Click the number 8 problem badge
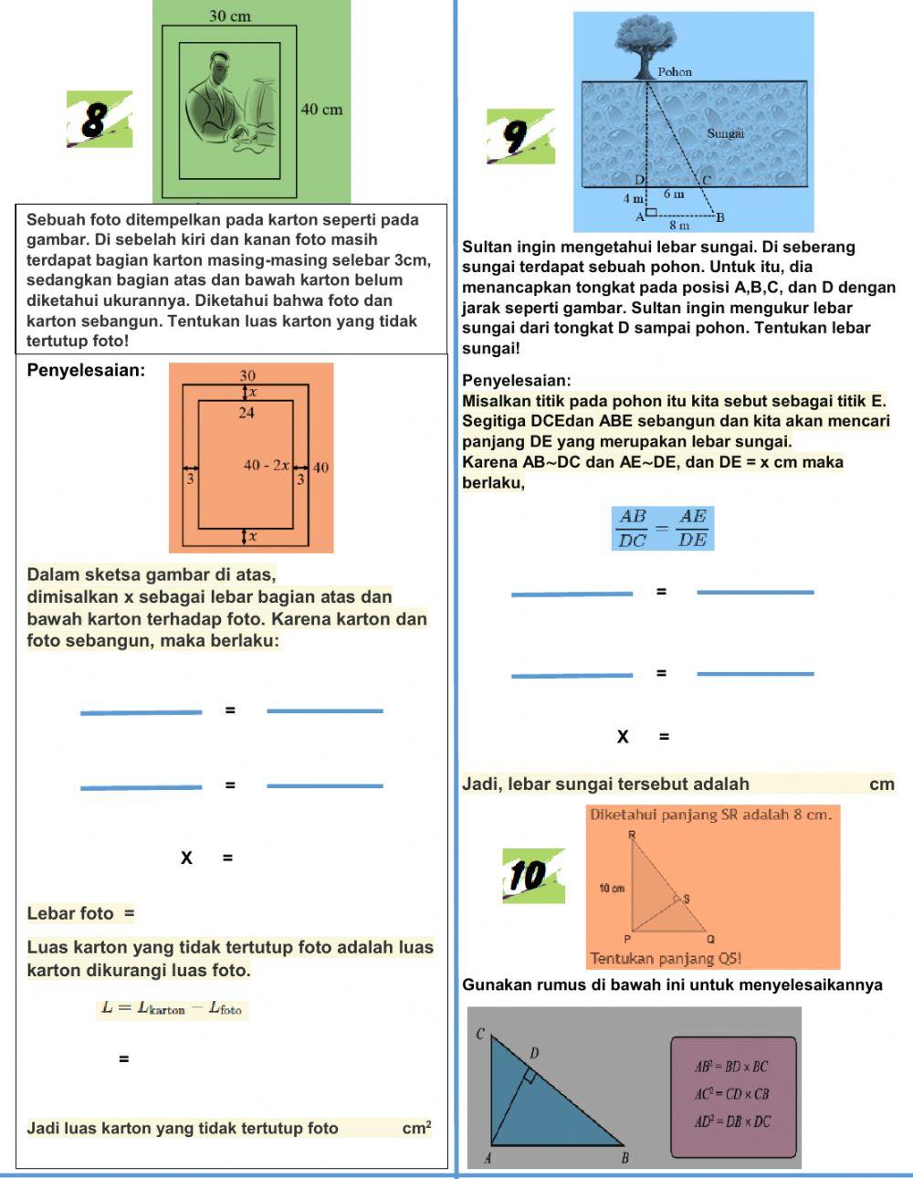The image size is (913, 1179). [100, 119]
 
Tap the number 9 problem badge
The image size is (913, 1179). [520, 136]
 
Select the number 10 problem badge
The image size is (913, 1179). [533, 876]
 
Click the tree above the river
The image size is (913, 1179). [645, 47]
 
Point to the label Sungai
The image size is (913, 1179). [726, 133]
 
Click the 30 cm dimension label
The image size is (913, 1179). [230, 16]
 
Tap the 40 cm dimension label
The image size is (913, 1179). [322, 110]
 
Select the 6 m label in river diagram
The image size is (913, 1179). [674, 194]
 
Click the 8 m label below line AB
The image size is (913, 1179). [679, 225]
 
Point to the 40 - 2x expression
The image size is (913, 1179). [267, 465]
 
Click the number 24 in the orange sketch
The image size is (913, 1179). [247, 413]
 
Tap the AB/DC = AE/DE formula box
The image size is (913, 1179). [663, 528]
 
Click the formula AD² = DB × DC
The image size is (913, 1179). [732, 1122]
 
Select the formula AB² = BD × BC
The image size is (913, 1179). [731, 1068]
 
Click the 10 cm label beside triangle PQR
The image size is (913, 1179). [612, 889]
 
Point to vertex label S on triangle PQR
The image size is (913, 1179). [687, 899]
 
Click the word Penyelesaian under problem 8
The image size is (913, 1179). [86, 371]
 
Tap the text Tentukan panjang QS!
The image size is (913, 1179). [666, 959]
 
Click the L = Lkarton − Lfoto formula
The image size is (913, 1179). [172, 1008]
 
